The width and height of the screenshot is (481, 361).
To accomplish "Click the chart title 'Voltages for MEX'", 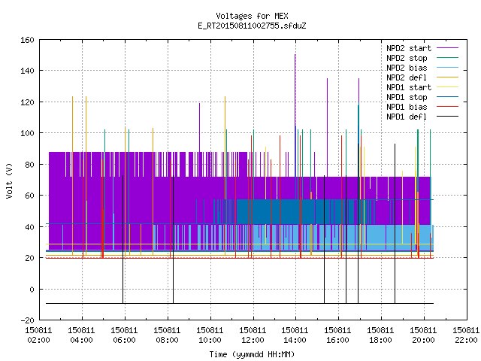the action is point(252,16).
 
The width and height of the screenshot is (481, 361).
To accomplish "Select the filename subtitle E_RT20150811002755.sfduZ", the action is point(252,26).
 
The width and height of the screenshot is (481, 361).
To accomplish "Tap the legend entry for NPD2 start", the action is point(409,48).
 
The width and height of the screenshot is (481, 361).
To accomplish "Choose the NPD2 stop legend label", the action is point(407,58).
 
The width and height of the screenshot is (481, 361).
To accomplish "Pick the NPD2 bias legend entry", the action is point(407,68).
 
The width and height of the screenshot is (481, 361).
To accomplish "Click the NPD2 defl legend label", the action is point(407,77).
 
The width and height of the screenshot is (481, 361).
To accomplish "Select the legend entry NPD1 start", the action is point(409,87).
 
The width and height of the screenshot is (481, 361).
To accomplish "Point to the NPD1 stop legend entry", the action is point(407,97).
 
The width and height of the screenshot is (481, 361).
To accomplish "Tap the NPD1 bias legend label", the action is point(407,107).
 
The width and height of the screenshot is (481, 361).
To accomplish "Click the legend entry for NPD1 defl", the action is point(407,117).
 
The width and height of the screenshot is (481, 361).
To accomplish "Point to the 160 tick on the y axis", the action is point(27,40).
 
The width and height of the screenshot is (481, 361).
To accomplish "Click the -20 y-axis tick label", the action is point(27,320).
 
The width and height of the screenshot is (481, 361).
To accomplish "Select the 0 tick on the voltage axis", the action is point(32,289).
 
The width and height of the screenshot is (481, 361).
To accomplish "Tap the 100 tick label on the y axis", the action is point(27,133).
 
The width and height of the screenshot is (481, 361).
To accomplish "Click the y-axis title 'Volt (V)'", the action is point(9,180).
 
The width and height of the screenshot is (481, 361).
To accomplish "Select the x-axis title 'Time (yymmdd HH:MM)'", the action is point(252,354).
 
